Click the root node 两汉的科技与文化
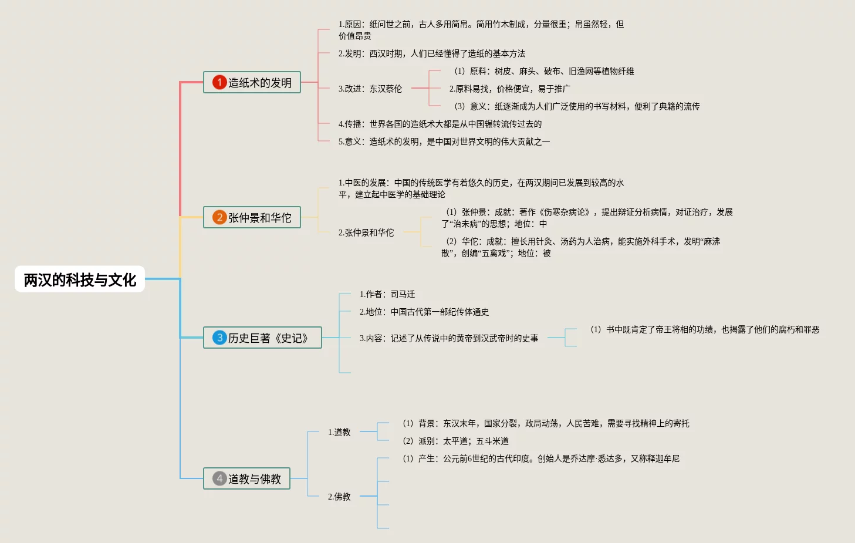click(x=80, y=279)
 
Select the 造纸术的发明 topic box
click(x=252, y=82)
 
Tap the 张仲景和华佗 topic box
click(x=252, y=217)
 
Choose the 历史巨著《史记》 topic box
click(x=262, y=338)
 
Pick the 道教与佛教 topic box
click(x=246, y=478)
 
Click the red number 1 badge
click(x=219, y=82)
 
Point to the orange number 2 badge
click(x=219, y=217)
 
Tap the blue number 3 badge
click(x=219, y=338)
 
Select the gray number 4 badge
click(x=219, y=478)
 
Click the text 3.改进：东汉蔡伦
click(x=370, y=89)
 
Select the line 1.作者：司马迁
click(x=387, y=294)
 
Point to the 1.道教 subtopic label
click(x=339, y=432)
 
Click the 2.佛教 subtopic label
click(x=339, y=497)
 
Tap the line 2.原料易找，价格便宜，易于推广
click(x=510, y=89)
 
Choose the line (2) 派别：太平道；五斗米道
click(x=455, y=441)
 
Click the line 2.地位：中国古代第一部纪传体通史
click(x=424, y=312)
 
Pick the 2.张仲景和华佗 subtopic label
click(x=366, y=232)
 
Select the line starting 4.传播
click(x=440, y=124)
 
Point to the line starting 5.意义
click(x=444, y=141)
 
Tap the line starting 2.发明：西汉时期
click(x=432, y=53)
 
